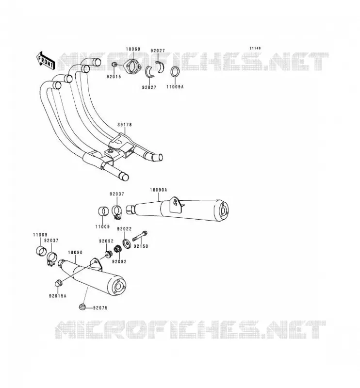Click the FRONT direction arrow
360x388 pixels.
point(46,60)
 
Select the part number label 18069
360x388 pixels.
point(133,49)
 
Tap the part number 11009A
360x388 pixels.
point(175,87)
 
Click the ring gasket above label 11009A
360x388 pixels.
point(175,72)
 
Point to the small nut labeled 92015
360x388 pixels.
point(114,65)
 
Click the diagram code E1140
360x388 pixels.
point(255,48)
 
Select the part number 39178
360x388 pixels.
point(125,125)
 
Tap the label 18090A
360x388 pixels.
point(159,190)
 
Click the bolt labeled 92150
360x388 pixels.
point(140,236)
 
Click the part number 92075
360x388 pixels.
point(100,308)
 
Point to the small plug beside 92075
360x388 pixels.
point(82,307)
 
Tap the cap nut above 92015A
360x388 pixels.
point(58,282)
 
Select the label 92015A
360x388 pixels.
point(58,296)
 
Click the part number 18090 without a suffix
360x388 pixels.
point(75,252)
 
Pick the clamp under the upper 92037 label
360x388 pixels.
point(116,212)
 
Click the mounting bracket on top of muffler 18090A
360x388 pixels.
point(176,205)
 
